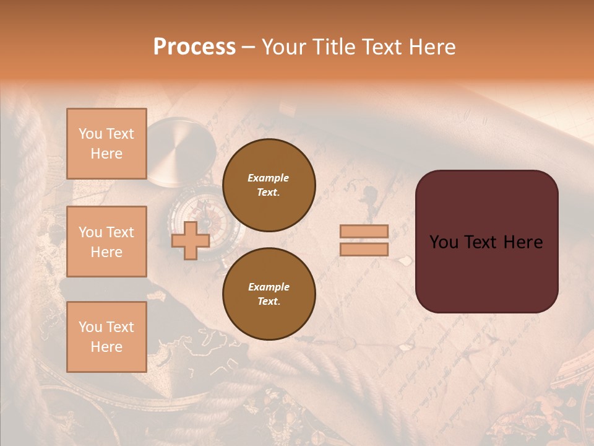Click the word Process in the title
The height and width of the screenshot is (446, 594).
point(194,47)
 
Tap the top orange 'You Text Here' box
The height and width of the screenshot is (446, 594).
point(106,144)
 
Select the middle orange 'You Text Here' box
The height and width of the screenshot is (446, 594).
point(106,242)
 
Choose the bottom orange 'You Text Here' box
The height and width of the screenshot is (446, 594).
point(106,337)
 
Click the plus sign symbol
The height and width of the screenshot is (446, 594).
point(191,241)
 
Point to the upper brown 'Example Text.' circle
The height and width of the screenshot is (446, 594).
point(269,185)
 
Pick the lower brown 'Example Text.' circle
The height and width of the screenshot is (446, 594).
point(269,294)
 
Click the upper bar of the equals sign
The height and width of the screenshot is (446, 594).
point(364,232)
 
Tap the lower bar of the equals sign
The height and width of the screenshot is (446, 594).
point(364,250)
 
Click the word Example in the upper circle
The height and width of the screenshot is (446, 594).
point(269,178)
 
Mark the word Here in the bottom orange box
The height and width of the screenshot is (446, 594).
point(106,347)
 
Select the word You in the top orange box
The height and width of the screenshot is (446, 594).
point(90,134)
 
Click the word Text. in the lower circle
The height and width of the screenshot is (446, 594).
point(269,302)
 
